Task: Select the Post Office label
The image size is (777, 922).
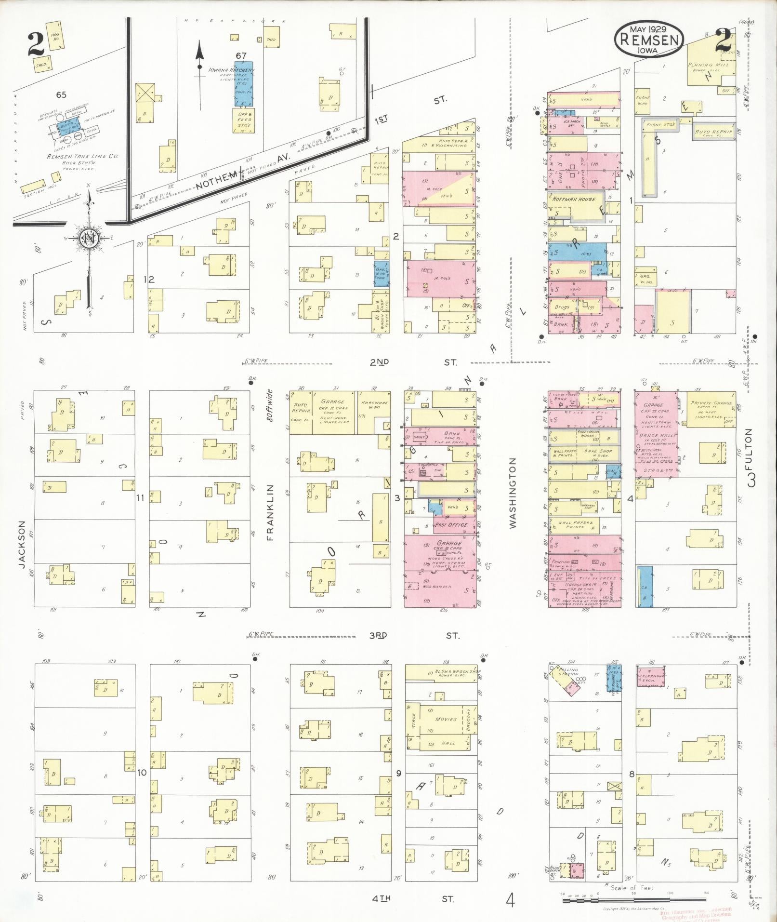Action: (451, 525)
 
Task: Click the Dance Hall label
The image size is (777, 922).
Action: (656, 435)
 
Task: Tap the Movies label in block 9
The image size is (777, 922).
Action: (446, 719)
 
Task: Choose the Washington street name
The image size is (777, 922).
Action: (513, 493)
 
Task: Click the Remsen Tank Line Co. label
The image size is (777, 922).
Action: (82, 157)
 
